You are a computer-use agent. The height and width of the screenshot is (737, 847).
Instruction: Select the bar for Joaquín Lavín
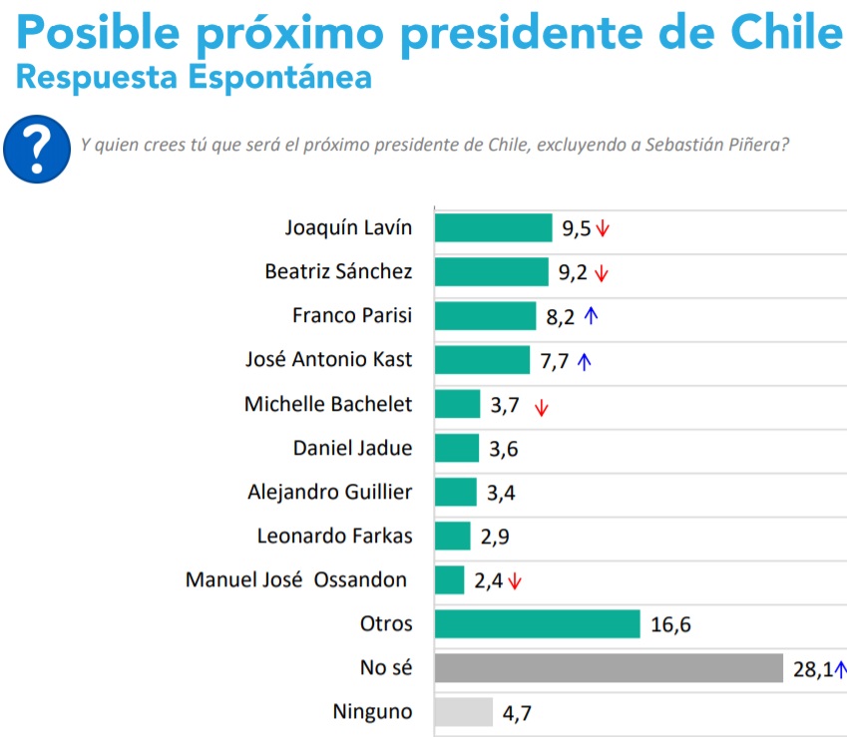click(493, 227)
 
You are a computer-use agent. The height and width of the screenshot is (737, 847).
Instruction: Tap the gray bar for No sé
click(609, 668)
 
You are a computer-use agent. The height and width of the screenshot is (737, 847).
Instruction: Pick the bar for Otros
click(537, 624)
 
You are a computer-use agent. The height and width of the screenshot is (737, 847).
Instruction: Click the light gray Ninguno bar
click(464, 712)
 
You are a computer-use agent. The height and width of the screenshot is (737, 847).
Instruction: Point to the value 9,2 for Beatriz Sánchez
click(573, 272)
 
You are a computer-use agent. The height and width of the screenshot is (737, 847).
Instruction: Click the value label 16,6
click(670, 625)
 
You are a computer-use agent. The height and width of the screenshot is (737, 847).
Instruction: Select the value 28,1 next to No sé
click(812, 669)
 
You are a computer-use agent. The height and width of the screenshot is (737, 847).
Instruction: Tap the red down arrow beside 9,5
click(603, 228)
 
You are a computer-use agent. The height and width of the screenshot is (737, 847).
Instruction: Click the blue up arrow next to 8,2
click(591, 316)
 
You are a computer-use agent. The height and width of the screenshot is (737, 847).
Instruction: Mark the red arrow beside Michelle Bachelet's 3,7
click(542, 406)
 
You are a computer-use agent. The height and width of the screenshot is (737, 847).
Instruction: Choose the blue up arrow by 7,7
click(585, 361)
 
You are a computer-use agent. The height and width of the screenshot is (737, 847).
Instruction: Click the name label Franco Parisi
click(351, 316)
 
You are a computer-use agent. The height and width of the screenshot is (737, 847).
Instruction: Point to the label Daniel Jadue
click(352, 448)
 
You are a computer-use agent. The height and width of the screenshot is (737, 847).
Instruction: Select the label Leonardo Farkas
click(334, 536)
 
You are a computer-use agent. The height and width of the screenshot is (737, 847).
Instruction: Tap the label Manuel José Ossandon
click(296, 579)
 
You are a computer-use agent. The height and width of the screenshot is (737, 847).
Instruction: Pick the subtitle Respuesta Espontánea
click(195, 77)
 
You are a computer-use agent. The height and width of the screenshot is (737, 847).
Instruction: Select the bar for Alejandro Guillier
click(456, 492)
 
